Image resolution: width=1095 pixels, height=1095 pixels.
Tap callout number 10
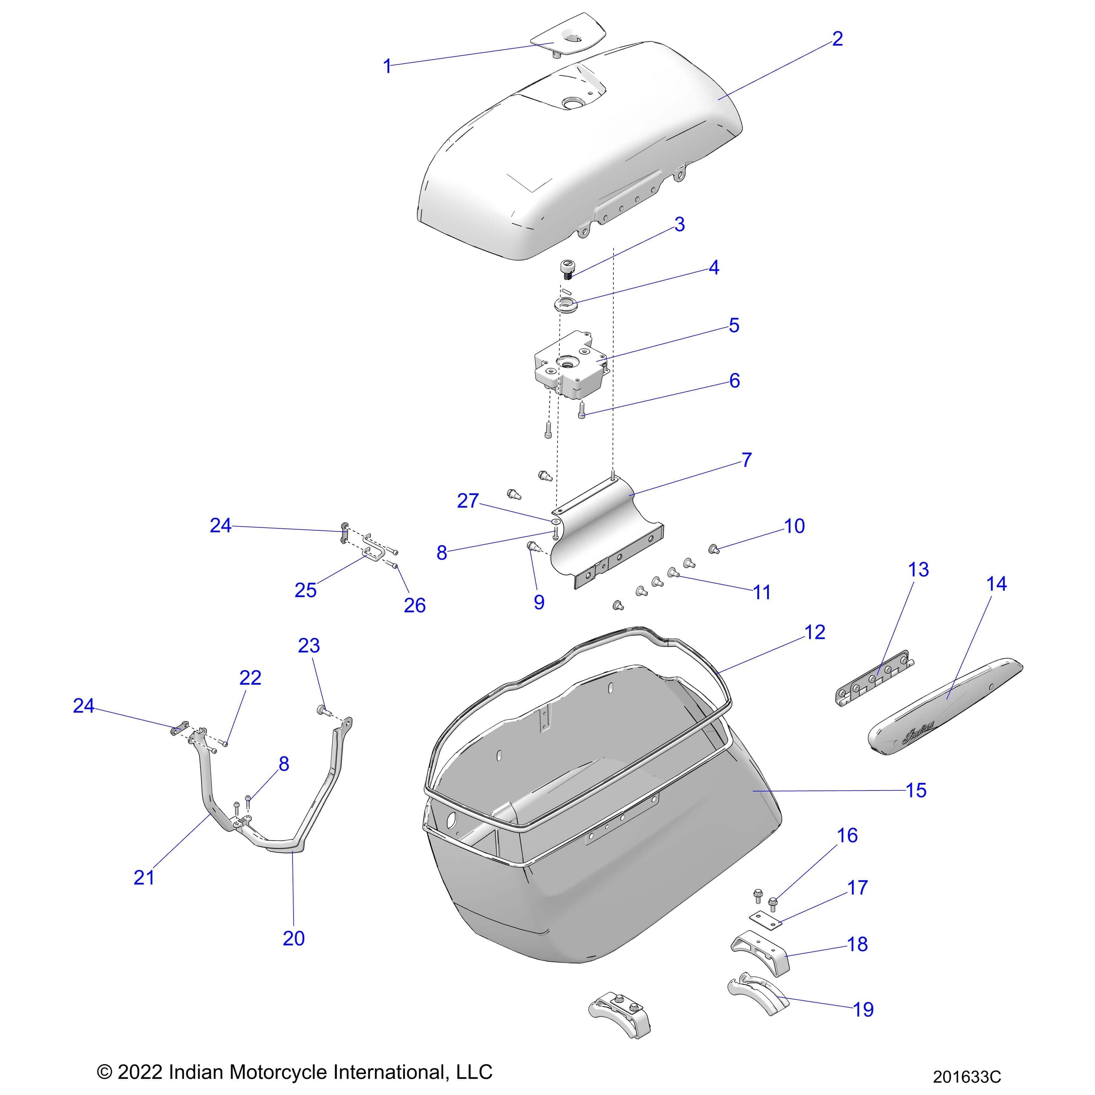point(794,526)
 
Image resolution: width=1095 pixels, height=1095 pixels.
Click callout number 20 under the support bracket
point(294,938)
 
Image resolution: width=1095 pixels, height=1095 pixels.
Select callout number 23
point(309,645)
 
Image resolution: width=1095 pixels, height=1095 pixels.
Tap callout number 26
point(414,605)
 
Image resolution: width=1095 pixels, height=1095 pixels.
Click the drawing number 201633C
point(967,1076)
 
